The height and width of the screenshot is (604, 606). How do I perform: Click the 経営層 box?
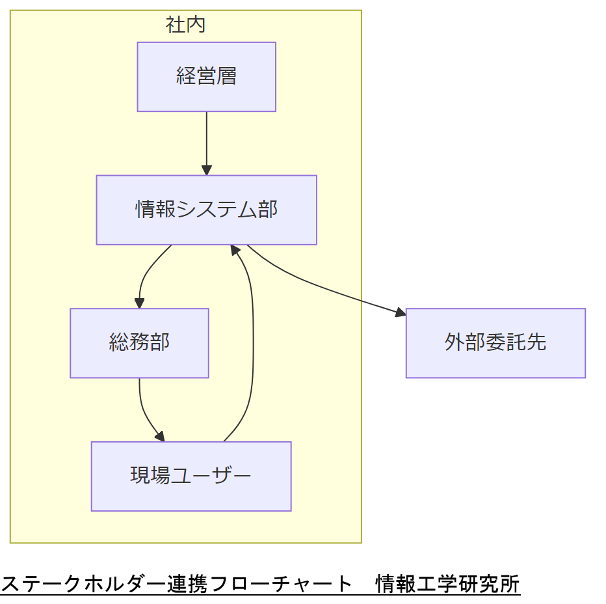[x=206, y=77]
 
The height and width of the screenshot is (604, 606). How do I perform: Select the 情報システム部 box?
[x=206, y=210]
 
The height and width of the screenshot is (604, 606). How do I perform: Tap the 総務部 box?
[x=139, y=342]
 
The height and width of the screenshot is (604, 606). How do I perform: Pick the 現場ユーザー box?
[x=191, y=476]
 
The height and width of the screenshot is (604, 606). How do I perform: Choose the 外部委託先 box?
[x=495, y=342]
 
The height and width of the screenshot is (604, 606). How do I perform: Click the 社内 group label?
[x=186, y=25]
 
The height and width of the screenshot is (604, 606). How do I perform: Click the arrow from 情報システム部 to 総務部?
[x=146, y=273]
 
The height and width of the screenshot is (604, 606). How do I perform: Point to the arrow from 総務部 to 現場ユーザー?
[x=144, y=414]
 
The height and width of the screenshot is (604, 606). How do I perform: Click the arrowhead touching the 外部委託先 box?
[x=401, y=314]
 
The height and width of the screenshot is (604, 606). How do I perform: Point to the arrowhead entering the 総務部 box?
[x=139, y=303]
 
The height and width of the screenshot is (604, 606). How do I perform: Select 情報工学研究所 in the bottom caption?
[x=448, y=584]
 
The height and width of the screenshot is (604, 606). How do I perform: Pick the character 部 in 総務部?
[x=160, y=342]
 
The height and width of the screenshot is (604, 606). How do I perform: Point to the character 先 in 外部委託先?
[x=536, y=342]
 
